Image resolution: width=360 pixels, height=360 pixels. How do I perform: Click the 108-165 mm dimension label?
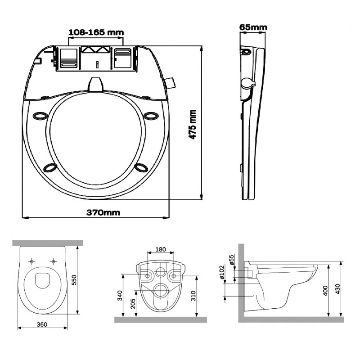coord(96,32)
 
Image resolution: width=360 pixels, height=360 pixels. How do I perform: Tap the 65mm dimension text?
coord(253,27)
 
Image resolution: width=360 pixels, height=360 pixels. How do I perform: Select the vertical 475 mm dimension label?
coord(192,125)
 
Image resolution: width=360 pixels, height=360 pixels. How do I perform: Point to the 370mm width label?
coord(103,212)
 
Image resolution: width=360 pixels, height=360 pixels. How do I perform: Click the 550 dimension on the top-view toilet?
coord(74,280)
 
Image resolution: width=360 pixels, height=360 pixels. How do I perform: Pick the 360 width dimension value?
coord(42,324)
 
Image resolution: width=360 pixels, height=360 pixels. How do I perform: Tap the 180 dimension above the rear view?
coord(161,249)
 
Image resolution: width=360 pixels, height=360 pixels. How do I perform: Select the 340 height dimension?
coord(120,296)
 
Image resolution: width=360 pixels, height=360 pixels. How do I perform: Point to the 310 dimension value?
coord(193,296)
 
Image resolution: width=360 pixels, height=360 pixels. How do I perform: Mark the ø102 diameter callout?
coord(222,272)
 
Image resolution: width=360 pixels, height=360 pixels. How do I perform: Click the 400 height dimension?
coord(325,291)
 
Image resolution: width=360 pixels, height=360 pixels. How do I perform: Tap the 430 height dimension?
coord(338,289)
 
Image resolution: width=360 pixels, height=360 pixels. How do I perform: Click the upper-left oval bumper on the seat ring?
coord(40,116)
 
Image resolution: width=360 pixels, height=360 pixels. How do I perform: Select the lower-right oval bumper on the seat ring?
coord(142,167)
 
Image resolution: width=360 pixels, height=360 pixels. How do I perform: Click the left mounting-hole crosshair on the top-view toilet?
coord(31,261)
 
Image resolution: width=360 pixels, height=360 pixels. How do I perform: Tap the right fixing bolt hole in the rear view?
coord(174,275)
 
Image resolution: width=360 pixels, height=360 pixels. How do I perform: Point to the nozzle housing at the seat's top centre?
coord(95,85)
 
